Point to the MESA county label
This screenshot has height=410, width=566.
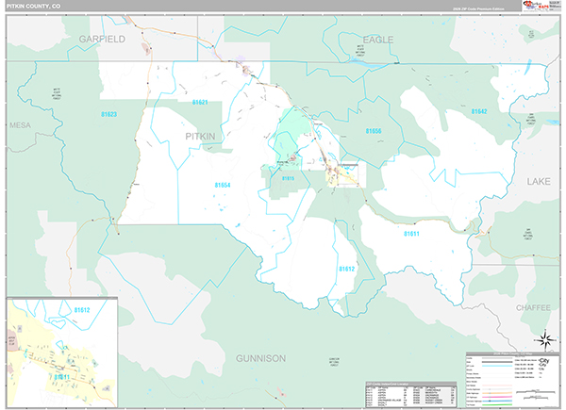pyautogui.click(x=20, y=124)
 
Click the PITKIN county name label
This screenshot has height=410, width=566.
pyautogui.click(x=200, y=137)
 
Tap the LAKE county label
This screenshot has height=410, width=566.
pyautogui.click(x=538, y=180)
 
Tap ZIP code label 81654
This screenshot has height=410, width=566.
pyautogui.click(x=222, y=186)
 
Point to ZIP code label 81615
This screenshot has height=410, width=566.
pyautogui.click(x=288, y=177)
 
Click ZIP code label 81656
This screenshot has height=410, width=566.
pyautogui.click(x=373, y=130)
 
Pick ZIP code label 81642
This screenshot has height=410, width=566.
pyautogui.click(x=479, y=111)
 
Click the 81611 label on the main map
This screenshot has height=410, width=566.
pyautogui.click(x=411, y=232)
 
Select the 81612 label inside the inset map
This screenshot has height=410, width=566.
pyautogui.click(x=82, y=309)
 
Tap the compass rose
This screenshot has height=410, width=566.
pyautogui.click(x=545, y=339)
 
